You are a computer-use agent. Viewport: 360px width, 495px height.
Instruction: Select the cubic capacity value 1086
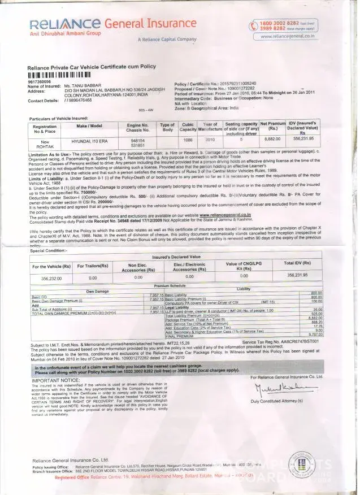188,138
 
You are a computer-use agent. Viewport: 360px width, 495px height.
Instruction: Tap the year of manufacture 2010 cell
210,138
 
